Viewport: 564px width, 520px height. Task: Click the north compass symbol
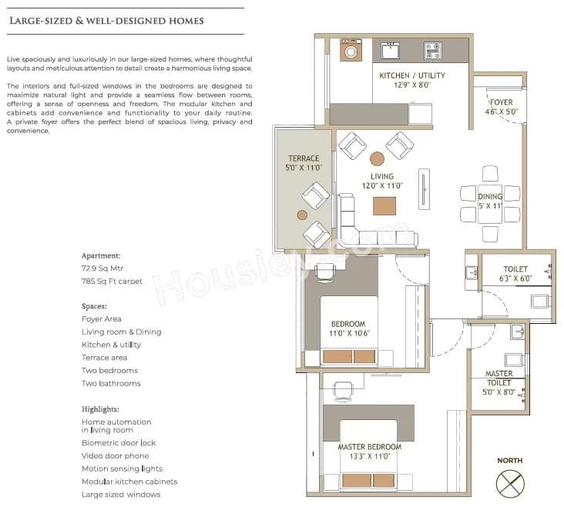(x=509, y=482)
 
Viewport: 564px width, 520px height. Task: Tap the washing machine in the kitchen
(x=352, y=52)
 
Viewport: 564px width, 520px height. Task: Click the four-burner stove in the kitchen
(x=432, y=52)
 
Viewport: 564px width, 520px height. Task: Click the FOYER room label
(x=500, y=102)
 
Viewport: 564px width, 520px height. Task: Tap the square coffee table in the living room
(x=385, y=206)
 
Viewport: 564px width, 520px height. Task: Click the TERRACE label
(x=304, y=158)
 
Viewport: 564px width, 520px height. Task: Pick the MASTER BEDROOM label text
(x=369, y=447)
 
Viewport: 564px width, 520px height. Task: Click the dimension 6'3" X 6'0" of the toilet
(x=515, y=278)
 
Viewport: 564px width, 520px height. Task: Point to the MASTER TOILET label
(x=499, y=378)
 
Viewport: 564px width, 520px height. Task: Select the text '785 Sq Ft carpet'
(x=112, y=282)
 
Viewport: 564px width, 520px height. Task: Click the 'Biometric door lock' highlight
(x=119, y=443)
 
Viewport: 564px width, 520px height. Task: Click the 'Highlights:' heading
(x=100, y=409)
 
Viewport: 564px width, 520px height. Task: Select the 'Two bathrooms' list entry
(x=111, y=383)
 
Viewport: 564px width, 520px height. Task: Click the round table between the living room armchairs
(x=377, y=159)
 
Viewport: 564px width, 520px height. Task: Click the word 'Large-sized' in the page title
(x=39, y=21)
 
